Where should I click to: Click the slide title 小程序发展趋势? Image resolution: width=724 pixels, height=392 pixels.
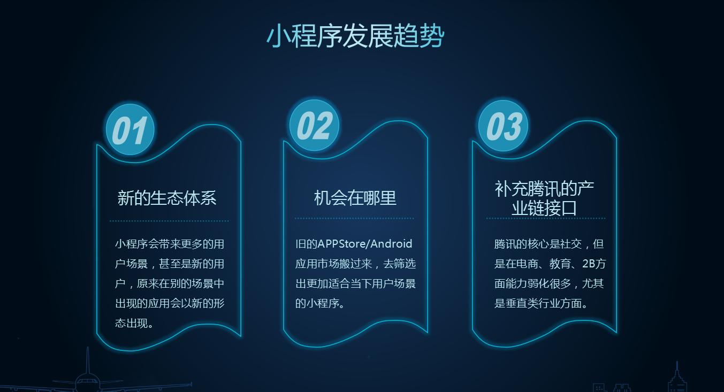point(355,36)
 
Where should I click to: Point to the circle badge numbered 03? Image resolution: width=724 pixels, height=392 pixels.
point(503,126)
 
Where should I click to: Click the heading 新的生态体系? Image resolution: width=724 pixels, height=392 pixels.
point(167,198)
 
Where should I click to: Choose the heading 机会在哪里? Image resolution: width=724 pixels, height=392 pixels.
point(355,198)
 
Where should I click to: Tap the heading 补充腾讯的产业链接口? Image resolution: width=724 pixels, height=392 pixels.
point(544,198)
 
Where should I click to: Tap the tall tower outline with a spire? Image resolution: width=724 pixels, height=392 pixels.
point(676,379)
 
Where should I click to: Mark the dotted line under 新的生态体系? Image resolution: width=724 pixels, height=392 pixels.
point(169,220)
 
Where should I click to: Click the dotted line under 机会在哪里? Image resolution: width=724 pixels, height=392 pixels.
point(354,218)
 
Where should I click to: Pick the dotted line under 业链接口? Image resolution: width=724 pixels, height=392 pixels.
point(546,218)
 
